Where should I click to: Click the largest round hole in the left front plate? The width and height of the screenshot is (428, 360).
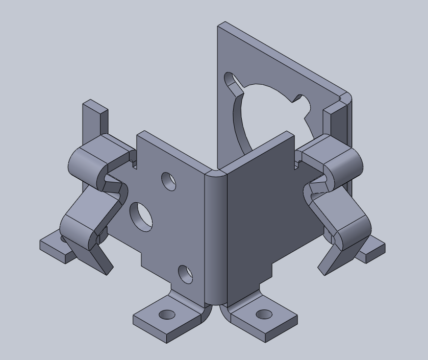[141, 215]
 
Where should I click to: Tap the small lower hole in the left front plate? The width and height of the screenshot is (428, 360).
[186, 274]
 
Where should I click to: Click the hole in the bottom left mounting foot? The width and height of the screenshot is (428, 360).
[167, 315]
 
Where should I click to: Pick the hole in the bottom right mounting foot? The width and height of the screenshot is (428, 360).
[263, 314]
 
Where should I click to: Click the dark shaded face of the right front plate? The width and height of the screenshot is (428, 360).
[260, 214]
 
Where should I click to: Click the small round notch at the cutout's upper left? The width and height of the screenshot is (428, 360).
[231, 80]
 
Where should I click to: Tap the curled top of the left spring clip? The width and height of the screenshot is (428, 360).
[87, 163]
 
